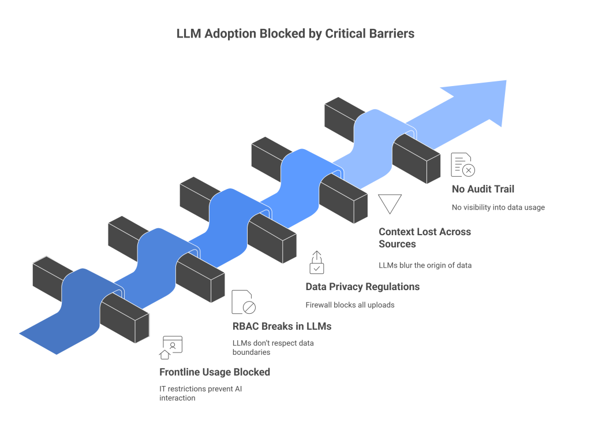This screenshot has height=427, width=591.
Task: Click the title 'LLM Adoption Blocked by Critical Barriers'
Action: (x=295, y=34)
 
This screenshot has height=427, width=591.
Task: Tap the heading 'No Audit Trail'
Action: (x=482, y=189)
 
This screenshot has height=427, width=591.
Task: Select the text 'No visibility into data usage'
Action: (x=498, y=207)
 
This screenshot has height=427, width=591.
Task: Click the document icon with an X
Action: (x=463, y=165)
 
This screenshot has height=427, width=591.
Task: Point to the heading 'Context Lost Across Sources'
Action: (x=424, y=237)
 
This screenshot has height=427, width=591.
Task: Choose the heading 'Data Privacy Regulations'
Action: (x=362, y=287)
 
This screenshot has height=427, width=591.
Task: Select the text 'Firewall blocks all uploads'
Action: (x=350, y=305)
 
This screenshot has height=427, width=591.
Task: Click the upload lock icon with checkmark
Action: (x=316, y=262)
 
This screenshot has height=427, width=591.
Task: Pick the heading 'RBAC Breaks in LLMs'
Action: (x=282, y=326)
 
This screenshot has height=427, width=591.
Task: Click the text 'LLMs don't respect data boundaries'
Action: (x=272, y=347)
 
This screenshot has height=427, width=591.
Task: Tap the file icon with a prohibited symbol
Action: (x=243, y=302)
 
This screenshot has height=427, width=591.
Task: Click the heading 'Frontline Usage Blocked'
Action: (x=214, y=372)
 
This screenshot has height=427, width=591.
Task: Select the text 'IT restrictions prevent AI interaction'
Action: (x=200, y=393)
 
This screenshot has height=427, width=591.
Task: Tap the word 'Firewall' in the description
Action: (x=320, y=305)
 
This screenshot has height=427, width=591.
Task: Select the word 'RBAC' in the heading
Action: (x=246, y=326)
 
